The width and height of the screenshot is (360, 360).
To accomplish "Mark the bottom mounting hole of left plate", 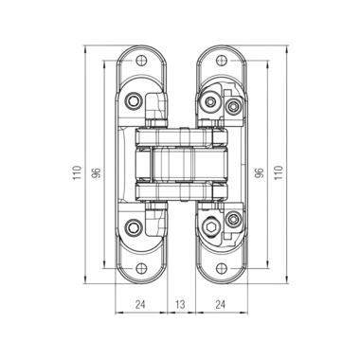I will coord(142,268).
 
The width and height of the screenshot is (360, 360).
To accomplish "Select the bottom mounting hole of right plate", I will coord(217,268).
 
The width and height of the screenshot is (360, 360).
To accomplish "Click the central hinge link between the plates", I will coord(179,163).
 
